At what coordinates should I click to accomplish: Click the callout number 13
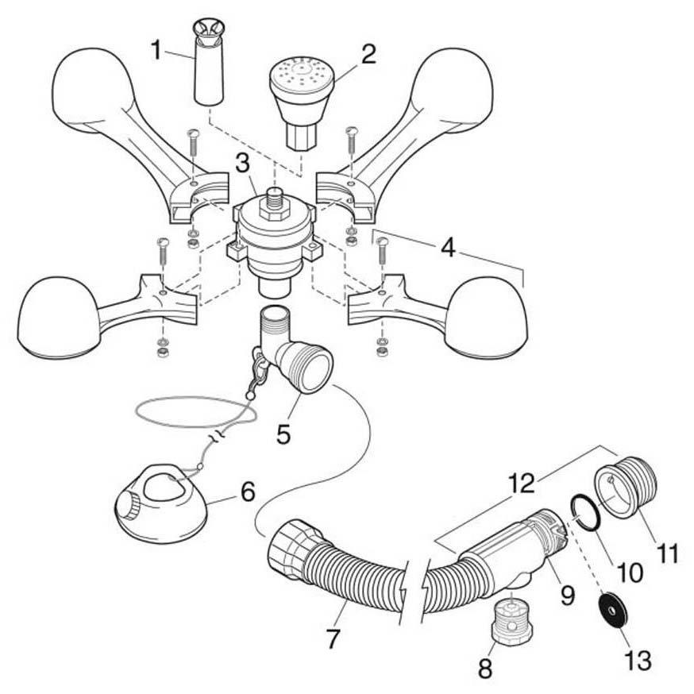click(638, 659)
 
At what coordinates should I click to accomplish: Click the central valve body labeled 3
click(273, 238)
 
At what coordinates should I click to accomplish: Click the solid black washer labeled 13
click(614, 610)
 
